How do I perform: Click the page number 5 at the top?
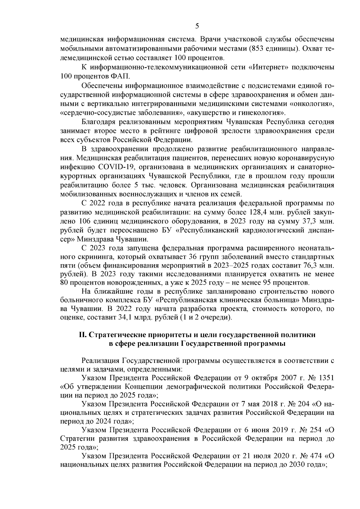[197, 26]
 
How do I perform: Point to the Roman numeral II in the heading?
[82, 335]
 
